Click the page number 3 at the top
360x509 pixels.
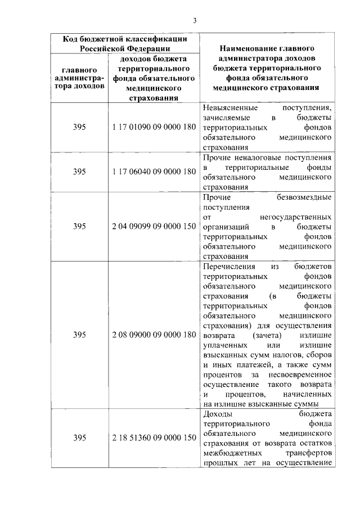click(194, 21)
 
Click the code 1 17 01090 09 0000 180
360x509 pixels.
click(154, 128)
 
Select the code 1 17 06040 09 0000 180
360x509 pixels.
click(154, 172)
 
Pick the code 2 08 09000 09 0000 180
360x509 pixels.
click(154, 335)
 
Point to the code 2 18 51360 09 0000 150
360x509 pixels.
click(154, 438)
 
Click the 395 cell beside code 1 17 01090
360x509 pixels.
click(79, 128)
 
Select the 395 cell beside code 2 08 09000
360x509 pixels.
click(79, 335)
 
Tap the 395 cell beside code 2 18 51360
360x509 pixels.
click(79, 438)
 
